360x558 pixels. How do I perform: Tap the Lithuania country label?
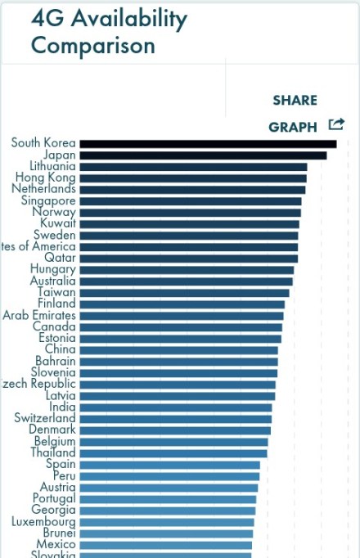point(52,166)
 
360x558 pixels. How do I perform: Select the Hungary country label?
point(53,269)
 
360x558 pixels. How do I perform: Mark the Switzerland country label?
point(45,418)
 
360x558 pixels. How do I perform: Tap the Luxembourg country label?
point(43,522)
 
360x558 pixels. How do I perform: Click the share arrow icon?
point(336,125)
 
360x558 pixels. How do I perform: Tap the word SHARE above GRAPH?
point(295,101)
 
